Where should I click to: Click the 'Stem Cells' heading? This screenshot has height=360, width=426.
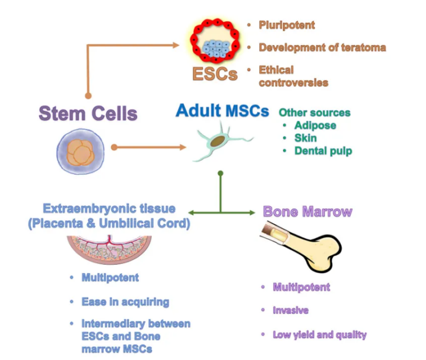point(87,114)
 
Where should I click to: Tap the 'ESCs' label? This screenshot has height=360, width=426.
point(214,74)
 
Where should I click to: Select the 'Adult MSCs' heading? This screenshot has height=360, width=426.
point(222,110)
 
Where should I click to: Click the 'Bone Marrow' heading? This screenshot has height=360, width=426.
point(307,211)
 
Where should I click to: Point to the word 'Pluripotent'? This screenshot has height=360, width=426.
point(287,25)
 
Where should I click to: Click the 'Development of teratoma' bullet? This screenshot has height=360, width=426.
point(322,47)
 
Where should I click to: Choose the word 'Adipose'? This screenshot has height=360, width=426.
point(315,125)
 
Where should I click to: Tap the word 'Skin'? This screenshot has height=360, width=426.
point(306,138)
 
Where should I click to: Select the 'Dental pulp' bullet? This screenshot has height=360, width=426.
point(323,151)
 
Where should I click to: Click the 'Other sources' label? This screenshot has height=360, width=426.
point(315,112)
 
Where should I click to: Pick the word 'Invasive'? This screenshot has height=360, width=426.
point(290,310)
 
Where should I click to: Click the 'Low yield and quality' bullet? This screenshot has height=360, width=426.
point(319,335)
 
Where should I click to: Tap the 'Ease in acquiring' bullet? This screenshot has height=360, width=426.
point(125,302)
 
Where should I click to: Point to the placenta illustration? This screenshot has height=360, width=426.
point(109,250)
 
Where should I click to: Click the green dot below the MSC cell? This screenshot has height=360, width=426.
point(221,174)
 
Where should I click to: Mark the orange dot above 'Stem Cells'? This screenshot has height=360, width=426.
point(87,96)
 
